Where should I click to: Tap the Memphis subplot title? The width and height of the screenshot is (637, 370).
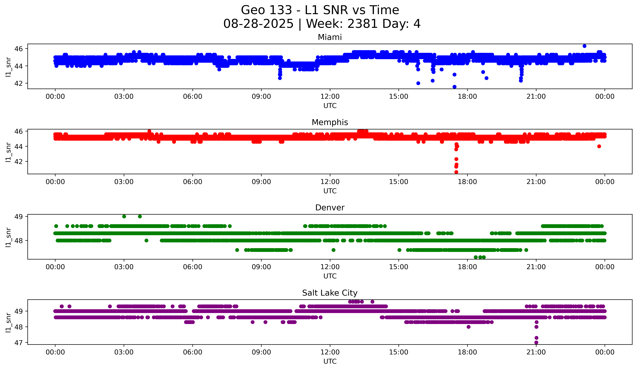click(x=330, y=122)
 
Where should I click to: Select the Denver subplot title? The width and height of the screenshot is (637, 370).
click(x=330, y=208)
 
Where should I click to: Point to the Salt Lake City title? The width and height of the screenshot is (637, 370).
click(x=330, y=293)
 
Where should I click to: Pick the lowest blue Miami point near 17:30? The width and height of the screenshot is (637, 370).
click(x=454, y=87)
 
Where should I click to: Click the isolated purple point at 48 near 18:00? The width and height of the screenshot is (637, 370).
click(x=468, y=327)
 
